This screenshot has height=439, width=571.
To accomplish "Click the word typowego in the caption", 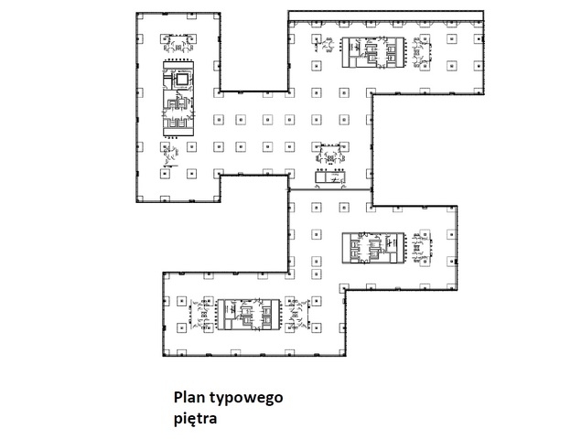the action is point(246,399).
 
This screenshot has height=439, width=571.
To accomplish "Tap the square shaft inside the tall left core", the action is point(182,79).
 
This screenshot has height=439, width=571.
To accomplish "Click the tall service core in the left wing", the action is point(178,99).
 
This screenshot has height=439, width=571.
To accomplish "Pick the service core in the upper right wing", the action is point(373,52).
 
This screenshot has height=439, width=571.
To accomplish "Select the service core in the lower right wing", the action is point(373,248).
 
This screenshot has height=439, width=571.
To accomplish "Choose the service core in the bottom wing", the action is point(249,315).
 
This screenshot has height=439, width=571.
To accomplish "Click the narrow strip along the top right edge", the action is point(386,16).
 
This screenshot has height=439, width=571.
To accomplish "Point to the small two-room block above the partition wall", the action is point(330,177).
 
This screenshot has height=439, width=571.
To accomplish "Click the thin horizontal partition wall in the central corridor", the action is point(330,189).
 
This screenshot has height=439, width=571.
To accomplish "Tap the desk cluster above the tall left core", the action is point(178,44).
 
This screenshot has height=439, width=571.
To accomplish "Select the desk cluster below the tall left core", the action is point(171,155).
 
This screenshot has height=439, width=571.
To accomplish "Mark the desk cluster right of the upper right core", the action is point(422,53).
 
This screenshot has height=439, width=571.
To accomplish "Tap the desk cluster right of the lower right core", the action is point(422,248).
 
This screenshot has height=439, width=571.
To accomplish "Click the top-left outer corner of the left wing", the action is point(136,13).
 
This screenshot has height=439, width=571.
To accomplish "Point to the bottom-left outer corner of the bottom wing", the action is point(163,355).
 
